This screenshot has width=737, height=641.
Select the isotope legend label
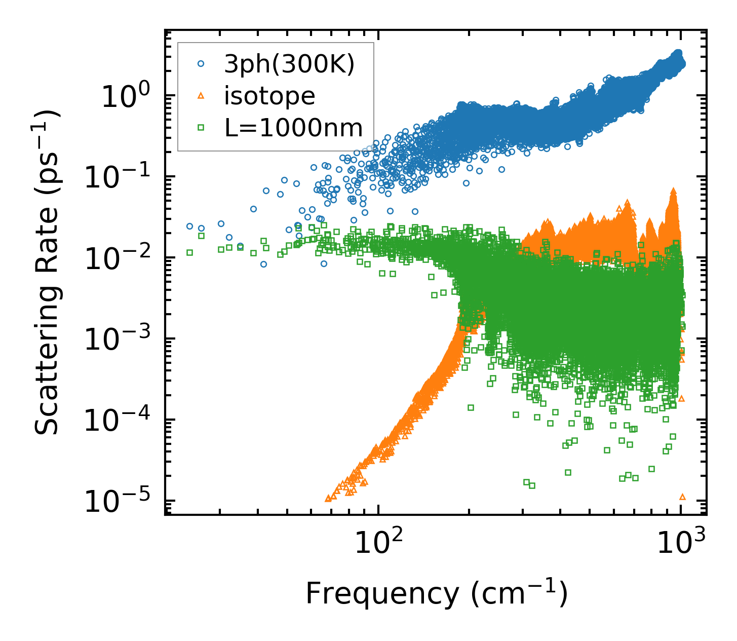[269, 96]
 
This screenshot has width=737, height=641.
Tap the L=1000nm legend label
[294, 128]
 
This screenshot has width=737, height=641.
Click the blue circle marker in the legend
[201, 64]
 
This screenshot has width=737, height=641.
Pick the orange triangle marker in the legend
[201, 96]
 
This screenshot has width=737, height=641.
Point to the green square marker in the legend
[201, 128]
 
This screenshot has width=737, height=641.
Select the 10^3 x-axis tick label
[682, 545]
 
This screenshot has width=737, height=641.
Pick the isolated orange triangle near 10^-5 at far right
[682, 497]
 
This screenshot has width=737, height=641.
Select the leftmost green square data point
[190, 252]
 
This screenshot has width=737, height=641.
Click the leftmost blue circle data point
[189, 226]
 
